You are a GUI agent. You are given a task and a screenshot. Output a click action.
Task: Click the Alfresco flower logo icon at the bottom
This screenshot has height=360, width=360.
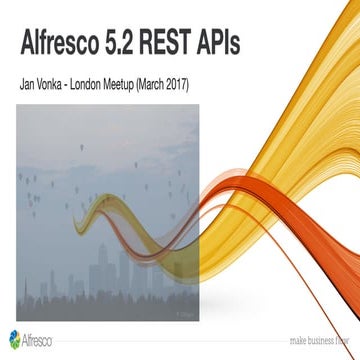point(14,337)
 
